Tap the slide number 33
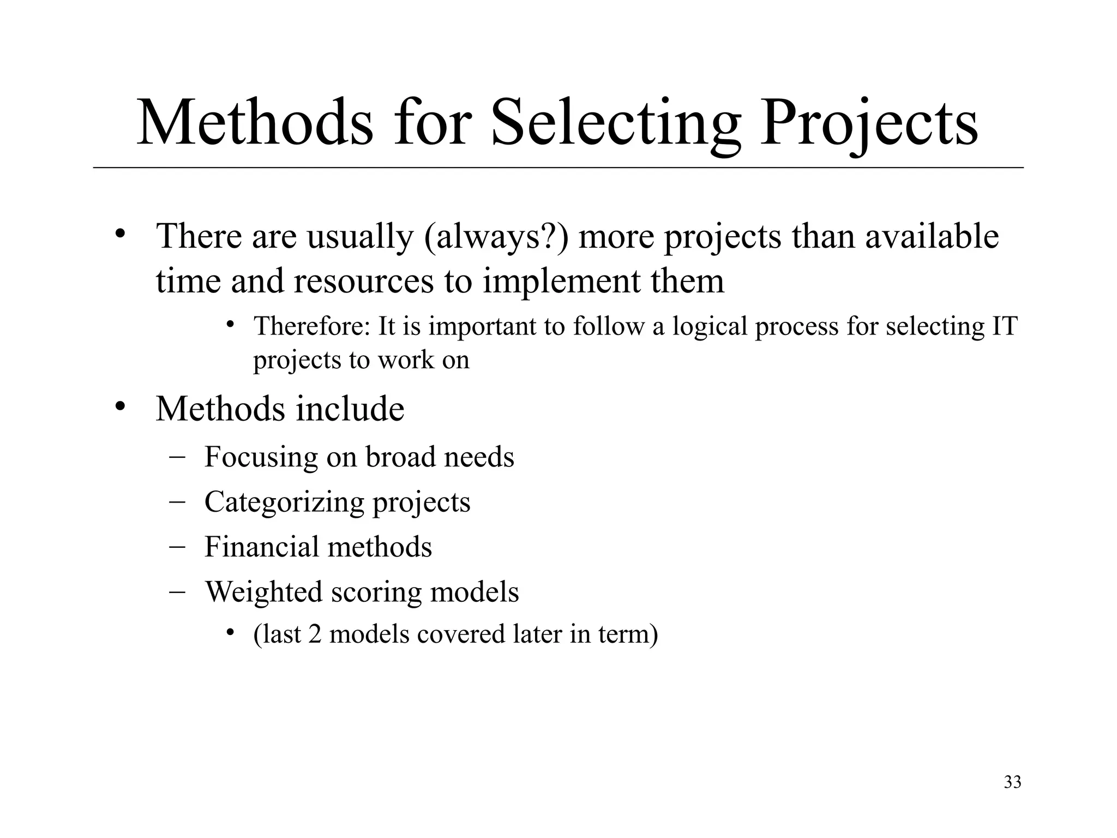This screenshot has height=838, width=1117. (1012, 782)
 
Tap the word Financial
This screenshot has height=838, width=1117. (261, 547)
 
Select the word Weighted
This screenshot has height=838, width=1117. (263, 592)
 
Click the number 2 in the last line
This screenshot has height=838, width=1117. (315, 635)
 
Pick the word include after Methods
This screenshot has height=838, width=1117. (350, 409)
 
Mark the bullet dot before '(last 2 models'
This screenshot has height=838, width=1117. (231, 633)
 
